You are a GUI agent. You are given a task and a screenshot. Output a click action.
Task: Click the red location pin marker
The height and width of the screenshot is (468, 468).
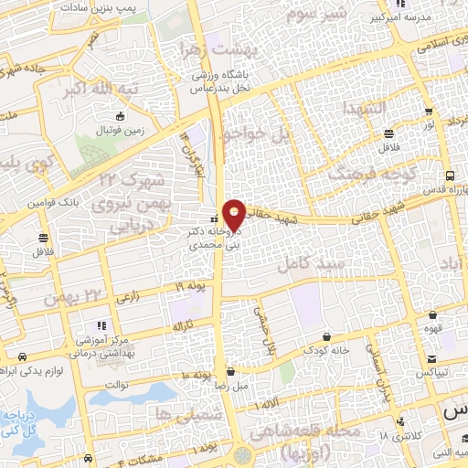[x=234, y=213]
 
